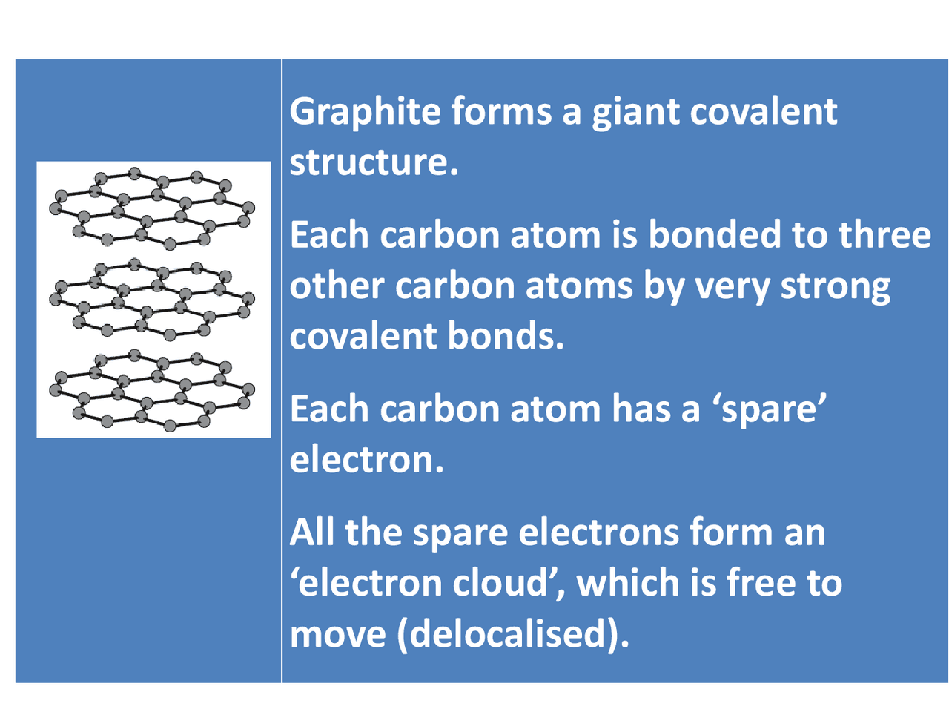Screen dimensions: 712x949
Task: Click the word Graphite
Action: click(x=365, y=113)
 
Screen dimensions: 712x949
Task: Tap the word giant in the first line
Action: click(x=635, y=113)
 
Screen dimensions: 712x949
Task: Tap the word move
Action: click(x=337, y=634)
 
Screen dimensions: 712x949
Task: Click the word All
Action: click(x=312, y=533)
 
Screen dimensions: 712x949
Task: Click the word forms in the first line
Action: click(x=501, y=113)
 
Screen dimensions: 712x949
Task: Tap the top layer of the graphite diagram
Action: click(x=153, y=208)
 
